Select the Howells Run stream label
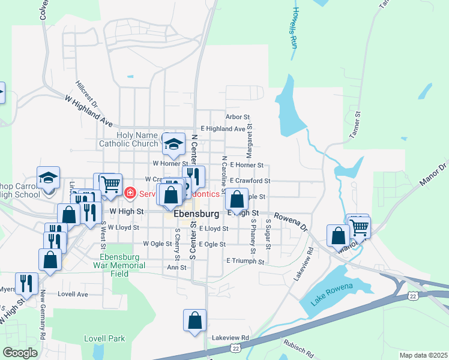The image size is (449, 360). click(294, 28)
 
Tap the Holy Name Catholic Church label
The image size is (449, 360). click(128, 139)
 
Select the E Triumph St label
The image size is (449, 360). click(246, 262)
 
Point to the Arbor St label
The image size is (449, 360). click(237, 117)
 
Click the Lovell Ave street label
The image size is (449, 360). click(73, 295)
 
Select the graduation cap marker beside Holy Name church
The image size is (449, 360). click(174, 144)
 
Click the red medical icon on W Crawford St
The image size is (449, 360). click(129, 193)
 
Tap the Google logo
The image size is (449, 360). click(20, 353)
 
